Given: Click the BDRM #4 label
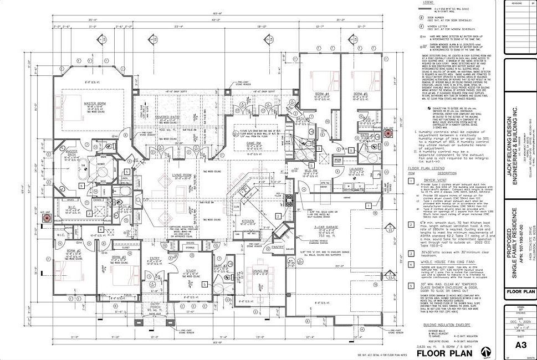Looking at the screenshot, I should click(x=323, y=94).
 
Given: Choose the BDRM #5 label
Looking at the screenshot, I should click(x=362, y=94).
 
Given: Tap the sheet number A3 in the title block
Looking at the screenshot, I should click(x=520, y=345).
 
